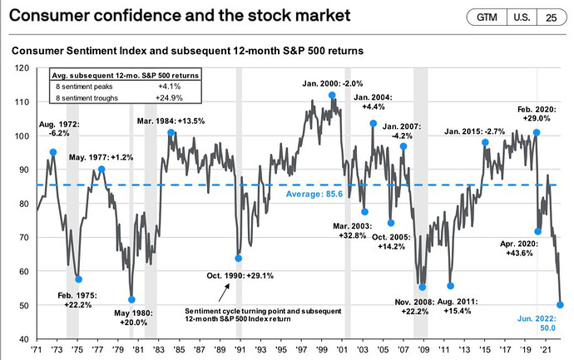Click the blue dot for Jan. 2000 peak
click(332, 95)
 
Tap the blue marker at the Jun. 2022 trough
click(561, 304)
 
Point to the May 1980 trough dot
click(131, 299)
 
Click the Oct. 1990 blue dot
click(238, 258)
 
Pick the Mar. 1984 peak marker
click(171, 133)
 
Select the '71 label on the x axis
click(37, 352)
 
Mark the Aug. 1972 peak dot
click(53, 152)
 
